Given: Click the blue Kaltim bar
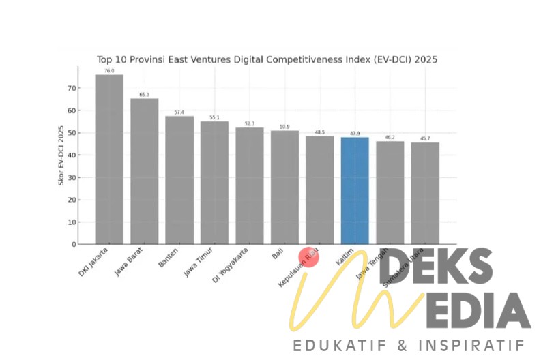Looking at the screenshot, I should [x=355, y=191].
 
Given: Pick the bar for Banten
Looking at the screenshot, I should [x=179, y=180].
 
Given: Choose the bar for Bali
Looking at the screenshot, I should [x=284, y=187].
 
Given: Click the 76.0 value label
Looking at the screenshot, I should [x=109, y=71].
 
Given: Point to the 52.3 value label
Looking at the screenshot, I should [x=250, y=123].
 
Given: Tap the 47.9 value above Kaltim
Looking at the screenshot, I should [x=355, y=134].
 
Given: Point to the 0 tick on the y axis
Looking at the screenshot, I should [x=72, y=244].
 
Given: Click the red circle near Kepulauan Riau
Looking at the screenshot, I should [x=309, y=257].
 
